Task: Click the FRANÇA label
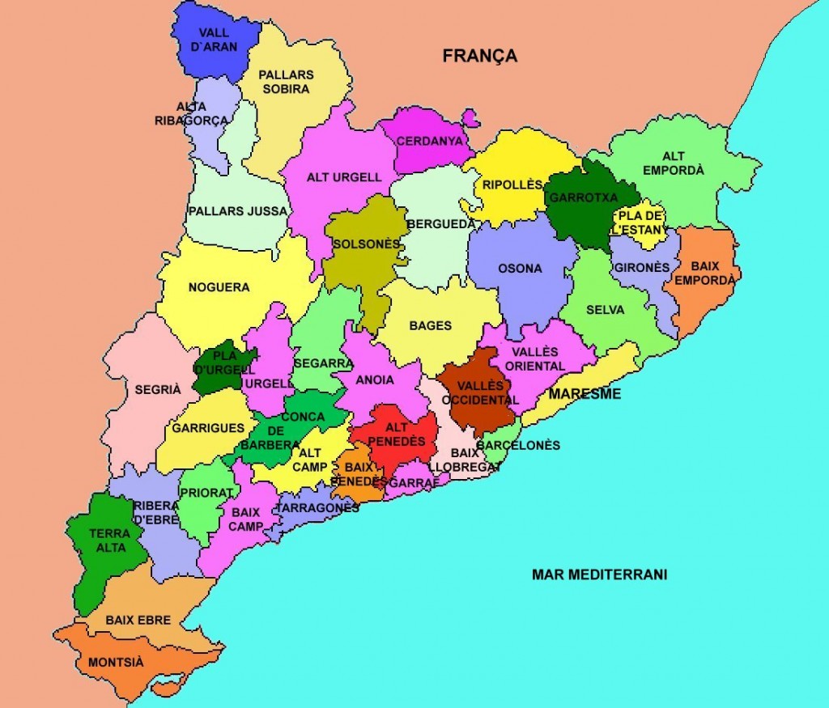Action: (479, 56)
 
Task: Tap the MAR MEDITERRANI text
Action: (599, 574)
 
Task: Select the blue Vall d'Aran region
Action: (212, 40)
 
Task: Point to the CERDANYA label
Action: (429, 140)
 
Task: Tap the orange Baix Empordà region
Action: (704, 279)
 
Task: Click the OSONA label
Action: (520, 269)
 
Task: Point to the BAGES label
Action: (431, 326)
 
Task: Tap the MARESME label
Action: (585, 394)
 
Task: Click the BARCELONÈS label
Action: (518, 445)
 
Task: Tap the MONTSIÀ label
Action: (116, 662)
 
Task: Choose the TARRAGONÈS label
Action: (317, 507)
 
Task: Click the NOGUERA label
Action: (219, 287)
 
